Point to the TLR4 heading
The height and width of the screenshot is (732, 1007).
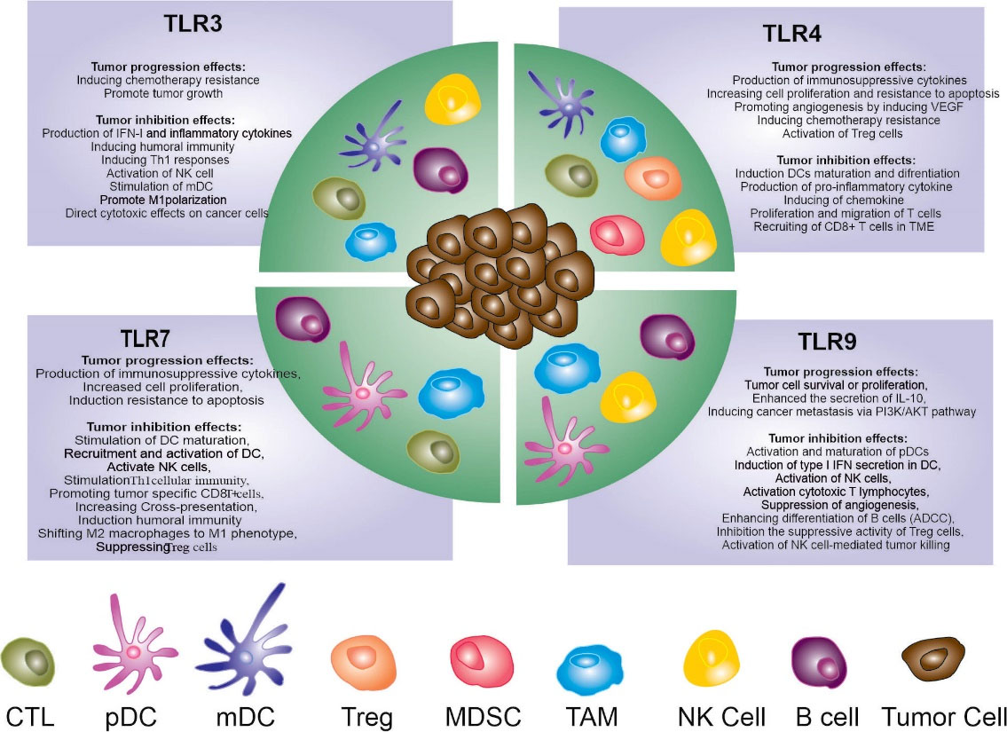(x=791, y=35)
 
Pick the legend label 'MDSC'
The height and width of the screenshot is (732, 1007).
(x=484, y=714)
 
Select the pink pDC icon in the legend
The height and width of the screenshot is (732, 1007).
(x=134, y=647)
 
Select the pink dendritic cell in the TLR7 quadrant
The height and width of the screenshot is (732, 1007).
(x=362, y=391)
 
